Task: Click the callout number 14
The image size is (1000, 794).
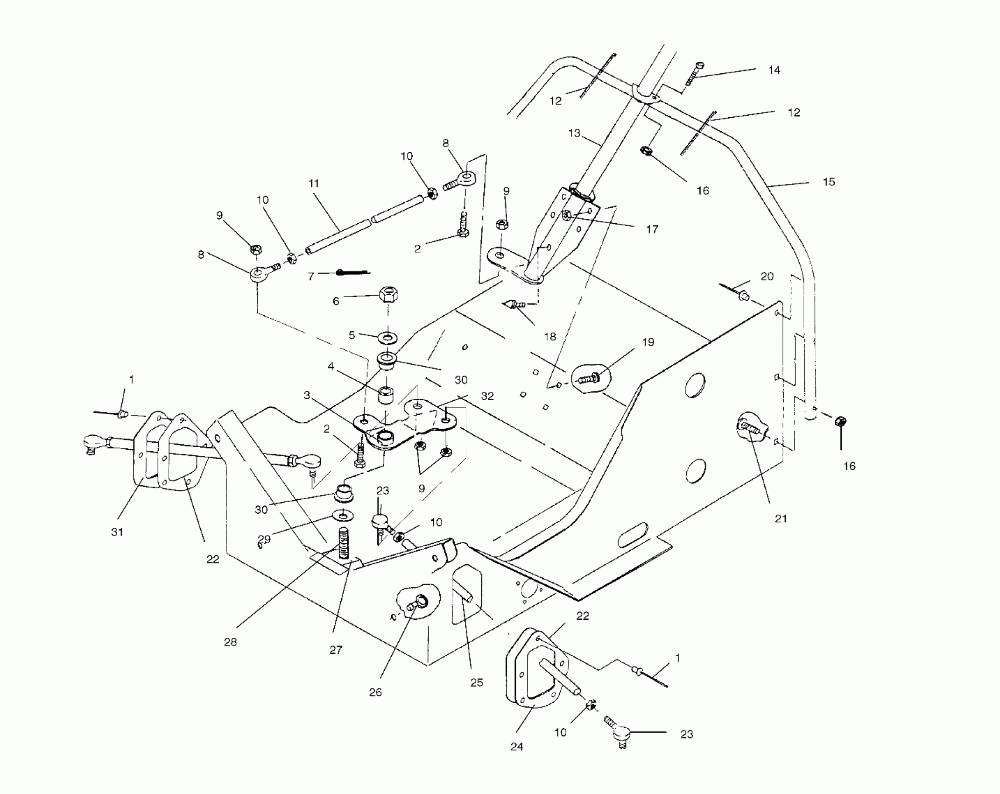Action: pos(774,70)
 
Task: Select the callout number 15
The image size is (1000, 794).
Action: pos(829,182)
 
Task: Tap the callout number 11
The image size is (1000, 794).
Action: pos(314,184)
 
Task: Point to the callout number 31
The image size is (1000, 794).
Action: pos(117,532)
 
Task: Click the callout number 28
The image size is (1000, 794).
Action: pos(230,642)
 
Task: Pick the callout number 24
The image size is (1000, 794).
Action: pos(517,747)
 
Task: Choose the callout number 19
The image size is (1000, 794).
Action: pos(648,342)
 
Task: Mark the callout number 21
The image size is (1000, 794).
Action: pos(781,518)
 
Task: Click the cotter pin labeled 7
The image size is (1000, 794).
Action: pos(352,272)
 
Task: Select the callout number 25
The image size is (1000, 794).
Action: pos(476,683)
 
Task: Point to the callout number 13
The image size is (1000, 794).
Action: pos(574,133)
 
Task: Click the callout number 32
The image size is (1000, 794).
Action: pos(487,397)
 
